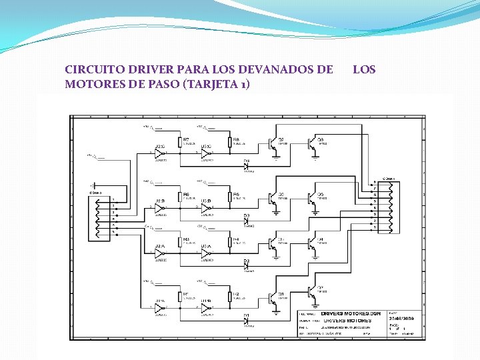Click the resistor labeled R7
[x=180, y=142]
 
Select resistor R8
[x=230, y=142]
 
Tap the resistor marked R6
[x=230, y=197]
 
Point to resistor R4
[x=230, y=243]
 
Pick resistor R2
[x=230, y=297]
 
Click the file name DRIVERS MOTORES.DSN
[x=345, y=313]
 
